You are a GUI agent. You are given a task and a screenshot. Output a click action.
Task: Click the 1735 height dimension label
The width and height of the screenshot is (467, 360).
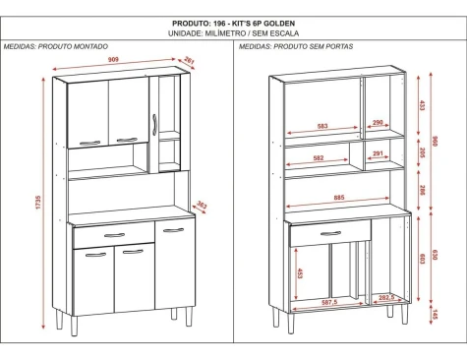[38, 203]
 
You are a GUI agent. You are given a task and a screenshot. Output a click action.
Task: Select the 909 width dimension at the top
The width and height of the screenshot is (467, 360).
[113, 60]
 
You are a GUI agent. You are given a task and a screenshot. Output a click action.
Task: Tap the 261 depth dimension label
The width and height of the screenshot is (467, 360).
[190, 60]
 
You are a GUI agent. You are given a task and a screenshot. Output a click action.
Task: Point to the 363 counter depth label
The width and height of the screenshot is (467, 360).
[203, 206]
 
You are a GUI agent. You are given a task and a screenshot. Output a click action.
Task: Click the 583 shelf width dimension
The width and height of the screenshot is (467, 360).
[322, 126]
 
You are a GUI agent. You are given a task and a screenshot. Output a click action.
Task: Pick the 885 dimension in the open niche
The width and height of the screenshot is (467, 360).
[339, 198]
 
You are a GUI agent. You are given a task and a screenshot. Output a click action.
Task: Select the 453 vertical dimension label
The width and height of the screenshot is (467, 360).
[300, 273]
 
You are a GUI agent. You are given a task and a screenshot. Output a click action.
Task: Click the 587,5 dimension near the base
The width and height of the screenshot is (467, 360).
[329, 303]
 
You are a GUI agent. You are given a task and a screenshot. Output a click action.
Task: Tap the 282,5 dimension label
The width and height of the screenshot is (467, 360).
[386, 297]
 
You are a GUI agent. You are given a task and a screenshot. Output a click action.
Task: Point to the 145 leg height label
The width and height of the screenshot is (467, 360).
[435, 315]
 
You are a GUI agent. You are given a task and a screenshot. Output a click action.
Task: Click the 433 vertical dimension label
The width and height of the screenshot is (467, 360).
[422, 105]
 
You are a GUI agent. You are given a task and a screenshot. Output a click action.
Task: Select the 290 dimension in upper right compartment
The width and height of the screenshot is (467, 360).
[378, 122]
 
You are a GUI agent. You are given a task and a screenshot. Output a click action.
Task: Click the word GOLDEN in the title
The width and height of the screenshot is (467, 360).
[279, 24]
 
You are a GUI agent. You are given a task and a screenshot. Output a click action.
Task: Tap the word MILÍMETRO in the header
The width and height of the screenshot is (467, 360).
[225, 33]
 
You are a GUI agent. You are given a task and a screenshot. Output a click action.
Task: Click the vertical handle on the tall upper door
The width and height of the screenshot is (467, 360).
[154, 125]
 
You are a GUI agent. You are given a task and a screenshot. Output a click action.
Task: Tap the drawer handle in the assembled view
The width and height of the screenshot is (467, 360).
[114, 235]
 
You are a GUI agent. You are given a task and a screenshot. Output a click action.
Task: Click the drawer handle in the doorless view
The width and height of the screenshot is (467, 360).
[330, 233]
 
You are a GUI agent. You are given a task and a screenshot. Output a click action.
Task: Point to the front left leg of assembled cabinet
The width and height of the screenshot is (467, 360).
[75, 326]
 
